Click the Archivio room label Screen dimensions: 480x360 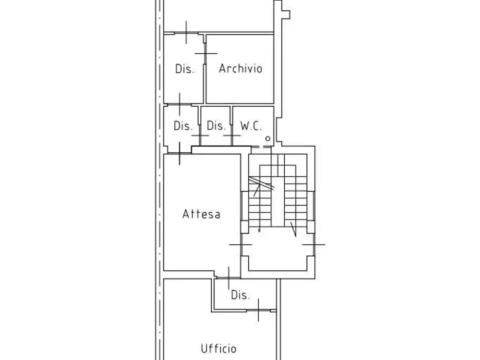tap(240, 68)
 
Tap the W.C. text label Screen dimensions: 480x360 tap(251, 126)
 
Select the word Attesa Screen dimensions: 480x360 tap(201, 214)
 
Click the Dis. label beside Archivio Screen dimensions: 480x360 tap(185, 69)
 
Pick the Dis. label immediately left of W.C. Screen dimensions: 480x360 tap(216, 126)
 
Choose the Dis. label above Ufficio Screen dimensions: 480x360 tap(240, 295)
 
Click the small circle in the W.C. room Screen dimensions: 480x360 tap(268, 139)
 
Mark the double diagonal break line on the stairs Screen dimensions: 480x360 tap(261, 183)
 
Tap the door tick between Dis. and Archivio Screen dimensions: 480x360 tap(206, 53)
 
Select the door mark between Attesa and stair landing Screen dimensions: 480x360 tap(240, 244)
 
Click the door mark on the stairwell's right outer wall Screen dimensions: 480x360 tap(313, 244)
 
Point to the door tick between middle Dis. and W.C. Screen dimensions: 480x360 tap(232, 135)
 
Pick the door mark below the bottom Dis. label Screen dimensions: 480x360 tap(258, 310)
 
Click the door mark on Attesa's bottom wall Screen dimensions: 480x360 tap(229, 278)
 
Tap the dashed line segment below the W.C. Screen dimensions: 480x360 tap(261, 147)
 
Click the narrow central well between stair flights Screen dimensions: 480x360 tap(278, 201)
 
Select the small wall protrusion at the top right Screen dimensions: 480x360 tap(286, 15)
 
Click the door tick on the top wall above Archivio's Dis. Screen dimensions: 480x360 tap(186, 33)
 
